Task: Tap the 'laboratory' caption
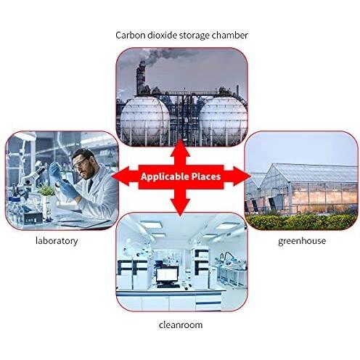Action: click(57, 241)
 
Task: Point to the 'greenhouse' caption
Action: click(302, 241)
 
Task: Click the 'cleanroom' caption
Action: click(181, 324)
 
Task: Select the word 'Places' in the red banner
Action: click(206, 176)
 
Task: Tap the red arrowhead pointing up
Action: click(180, 149)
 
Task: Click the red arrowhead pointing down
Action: click(180, 206)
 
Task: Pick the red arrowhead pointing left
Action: click(122, 176)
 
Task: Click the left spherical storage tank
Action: click(145, 119)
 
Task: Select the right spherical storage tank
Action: click(223, 119)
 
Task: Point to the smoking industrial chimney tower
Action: click(141, 78)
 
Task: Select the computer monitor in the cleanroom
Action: click(167, 276)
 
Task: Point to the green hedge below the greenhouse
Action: click(302, 221)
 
